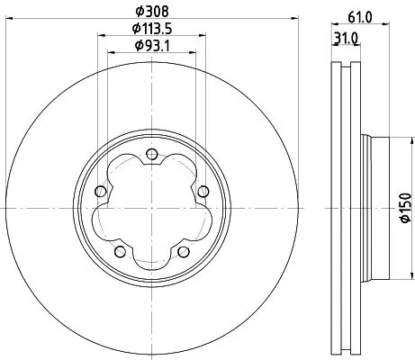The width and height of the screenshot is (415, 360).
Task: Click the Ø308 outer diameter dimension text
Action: point(150,11)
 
